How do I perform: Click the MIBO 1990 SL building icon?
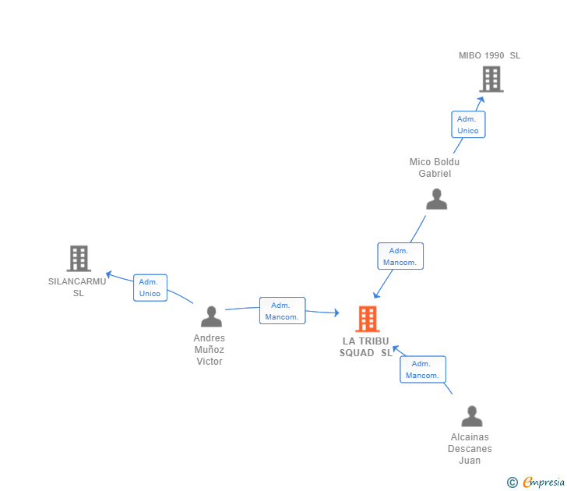(x=491, y=79)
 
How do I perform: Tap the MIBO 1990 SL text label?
(x=489, y=55)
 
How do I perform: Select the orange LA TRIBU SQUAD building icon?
(x=367, y=319)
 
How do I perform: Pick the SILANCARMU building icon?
(x=79, y=258)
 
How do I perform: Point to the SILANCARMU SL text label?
(x=77, y=287)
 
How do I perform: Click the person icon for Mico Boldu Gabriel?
(x=437, y=200)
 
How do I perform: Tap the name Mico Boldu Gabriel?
(x=435, y=168)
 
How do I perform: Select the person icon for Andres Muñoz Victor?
(x=211, y=316)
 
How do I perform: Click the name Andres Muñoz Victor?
(x=210, y=350)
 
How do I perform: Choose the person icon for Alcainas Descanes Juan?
(x=471, y=416)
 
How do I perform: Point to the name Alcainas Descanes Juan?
(x=470, y=448)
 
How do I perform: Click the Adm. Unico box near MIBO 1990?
(x=468, y=125)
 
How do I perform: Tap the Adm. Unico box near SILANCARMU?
(x=150, y=288)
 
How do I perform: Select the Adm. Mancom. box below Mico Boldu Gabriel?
(x=400, y=256)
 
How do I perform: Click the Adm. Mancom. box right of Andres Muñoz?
(x=282, y=311)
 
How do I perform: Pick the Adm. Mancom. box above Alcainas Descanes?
(x=423, y=369)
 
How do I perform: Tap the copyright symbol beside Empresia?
(x=512, y=482)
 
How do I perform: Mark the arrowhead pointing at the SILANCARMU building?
(x=110, y=274)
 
